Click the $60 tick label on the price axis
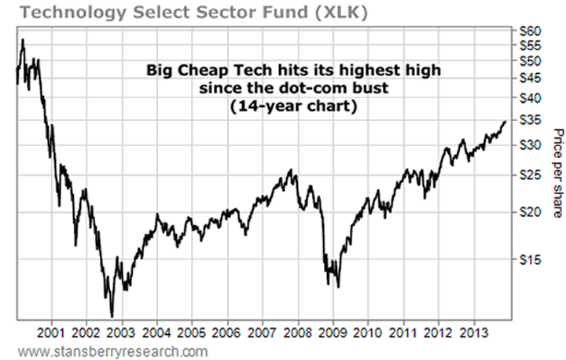[x=532, y=30]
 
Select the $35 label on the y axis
[x=532, y=120]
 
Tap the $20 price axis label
[x=532, y=212]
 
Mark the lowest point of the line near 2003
[x=112, y=316]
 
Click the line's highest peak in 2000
[x=23, y=39]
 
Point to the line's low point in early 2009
[x=338, y=287]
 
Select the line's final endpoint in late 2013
[x=505, y=122]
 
